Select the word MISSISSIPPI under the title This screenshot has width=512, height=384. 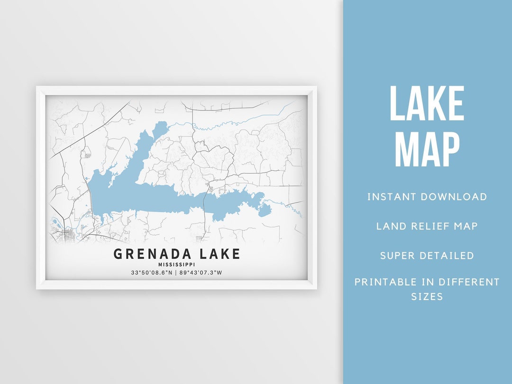tap(177, 265)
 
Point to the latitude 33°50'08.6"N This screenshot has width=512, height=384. tap(151, 273)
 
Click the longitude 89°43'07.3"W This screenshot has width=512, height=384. tap(201, 273)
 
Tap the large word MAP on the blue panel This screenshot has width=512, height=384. tap(427, 149)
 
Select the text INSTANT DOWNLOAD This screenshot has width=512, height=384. tap(427, 197)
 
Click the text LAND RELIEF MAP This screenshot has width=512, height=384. tap(427, 226)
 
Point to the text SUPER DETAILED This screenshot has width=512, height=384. tap(427, 256)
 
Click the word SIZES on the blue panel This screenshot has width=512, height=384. tap(427, 297)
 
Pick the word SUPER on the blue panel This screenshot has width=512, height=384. tap(397, 256)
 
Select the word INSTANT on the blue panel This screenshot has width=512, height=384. tap(390, 197)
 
